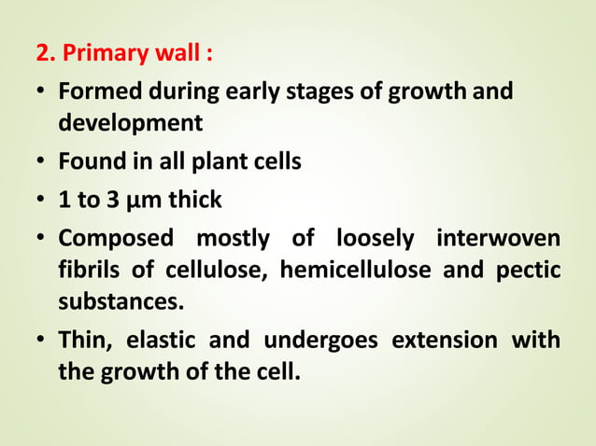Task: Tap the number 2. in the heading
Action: (x=46, y=52)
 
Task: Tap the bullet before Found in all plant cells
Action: (x=42, y=161)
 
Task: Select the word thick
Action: (x=192, y=201)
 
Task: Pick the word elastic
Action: (x=157, y=341)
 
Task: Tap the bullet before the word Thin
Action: (x=42, y=341)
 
